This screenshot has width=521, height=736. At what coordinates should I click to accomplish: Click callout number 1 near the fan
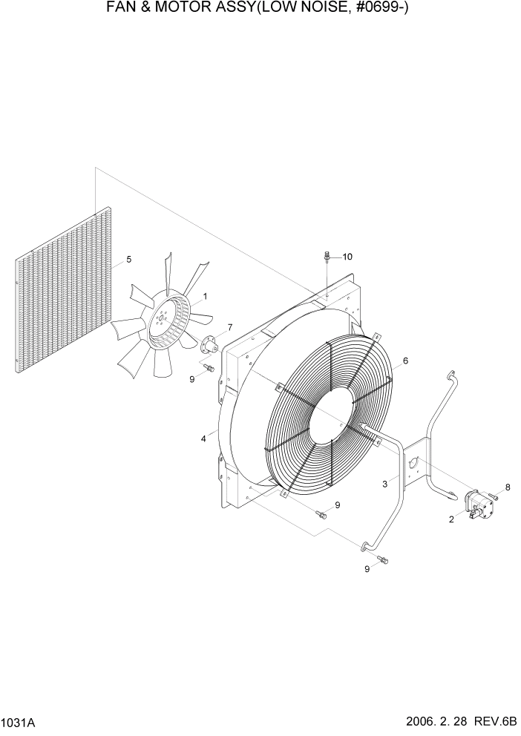pos(205,297)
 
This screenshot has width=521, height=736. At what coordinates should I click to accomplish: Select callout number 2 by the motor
pos(451,519)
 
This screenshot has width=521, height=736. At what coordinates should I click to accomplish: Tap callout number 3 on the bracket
pos(385,484)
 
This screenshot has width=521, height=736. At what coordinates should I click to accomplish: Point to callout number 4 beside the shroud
pos(203,439)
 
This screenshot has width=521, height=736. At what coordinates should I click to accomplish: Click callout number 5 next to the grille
pos(129,260)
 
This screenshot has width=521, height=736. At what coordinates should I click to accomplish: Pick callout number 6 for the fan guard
pos(405,361)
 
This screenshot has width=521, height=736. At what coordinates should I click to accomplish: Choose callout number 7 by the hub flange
pos(229,327)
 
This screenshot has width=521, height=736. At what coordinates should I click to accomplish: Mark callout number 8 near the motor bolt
pos(508,487)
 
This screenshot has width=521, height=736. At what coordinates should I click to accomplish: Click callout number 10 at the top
pos(347,257)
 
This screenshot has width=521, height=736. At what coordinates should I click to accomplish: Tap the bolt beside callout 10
pos(327,259)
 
